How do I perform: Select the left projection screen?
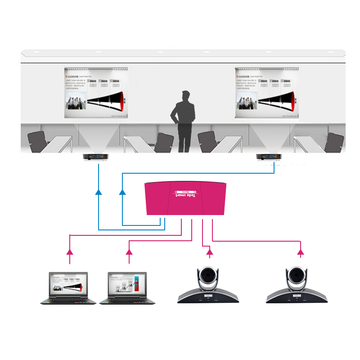(x=96, y=93)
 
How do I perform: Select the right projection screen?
(x=267, y=93)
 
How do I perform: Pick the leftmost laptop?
(x=68, y=288)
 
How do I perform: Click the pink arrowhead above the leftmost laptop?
(x=70, y=251)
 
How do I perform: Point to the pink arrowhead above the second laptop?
(x=129, y=251)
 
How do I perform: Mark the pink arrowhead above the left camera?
(x=209, y=252)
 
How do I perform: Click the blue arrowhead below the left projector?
(x=99, y=192)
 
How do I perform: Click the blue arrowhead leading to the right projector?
(x=122, y=192)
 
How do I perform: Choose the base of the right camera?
(x=297, y=297)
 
